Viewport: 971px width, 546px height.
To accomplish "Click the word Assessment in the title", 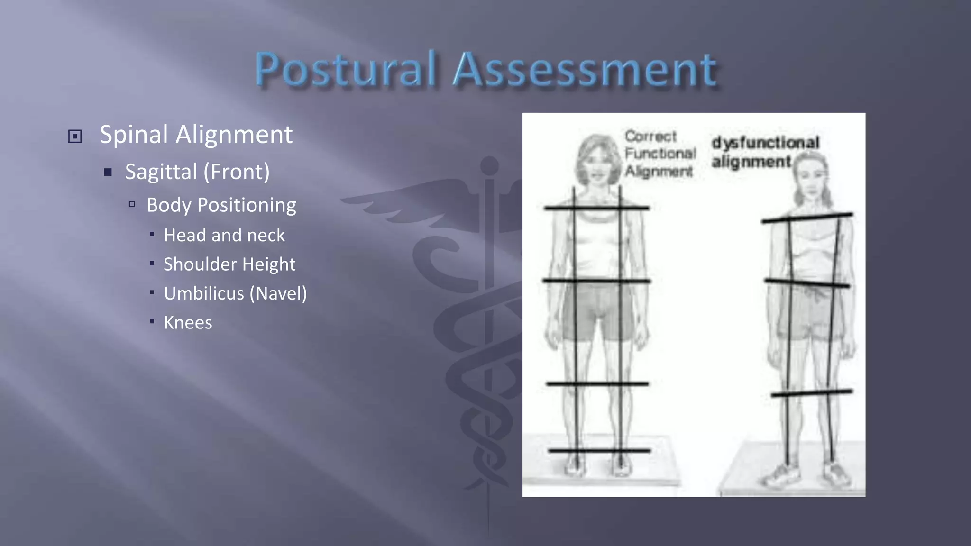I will (585, 70).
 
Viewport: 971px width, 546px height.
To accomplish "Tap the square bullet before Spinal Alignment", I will (75, 136).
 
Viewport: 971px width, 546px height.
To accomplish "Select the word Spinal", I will (134, 135).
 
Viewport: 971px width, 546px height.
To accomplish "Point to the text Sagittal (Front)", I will (197, 172).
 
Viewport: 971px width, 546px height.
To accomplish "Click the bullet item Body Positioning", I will (221, 205).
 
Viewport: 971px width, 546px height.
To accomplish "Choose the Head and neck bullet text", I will (224, 235).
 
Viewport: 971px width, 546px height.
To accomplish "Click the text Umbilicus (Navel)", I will (235, 293).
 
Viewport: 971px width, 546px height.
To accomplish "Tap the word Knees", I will (188, 323).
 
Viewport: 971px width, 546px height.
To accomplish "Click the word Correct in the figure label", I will (650, 136).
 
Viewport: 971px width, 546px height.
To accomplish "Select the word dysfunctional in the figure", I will (765, 143).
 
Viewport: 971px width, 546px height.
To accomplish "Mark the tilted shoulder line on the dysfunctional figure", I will (807, 218).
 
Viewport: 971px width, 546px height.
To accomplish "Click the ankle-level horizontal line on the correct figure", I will (599, 450).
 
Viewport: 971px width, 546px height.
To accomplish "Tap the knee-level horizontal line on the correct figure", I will (597, 383).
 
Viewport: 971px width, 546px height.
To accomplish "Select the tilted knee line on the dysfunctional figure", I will (812, 393).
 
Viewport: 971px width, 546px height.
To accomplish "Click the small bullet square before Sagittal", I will (108, 172).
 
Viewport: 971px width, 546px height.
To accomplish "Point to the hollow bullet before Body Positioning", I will (132, 204).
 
